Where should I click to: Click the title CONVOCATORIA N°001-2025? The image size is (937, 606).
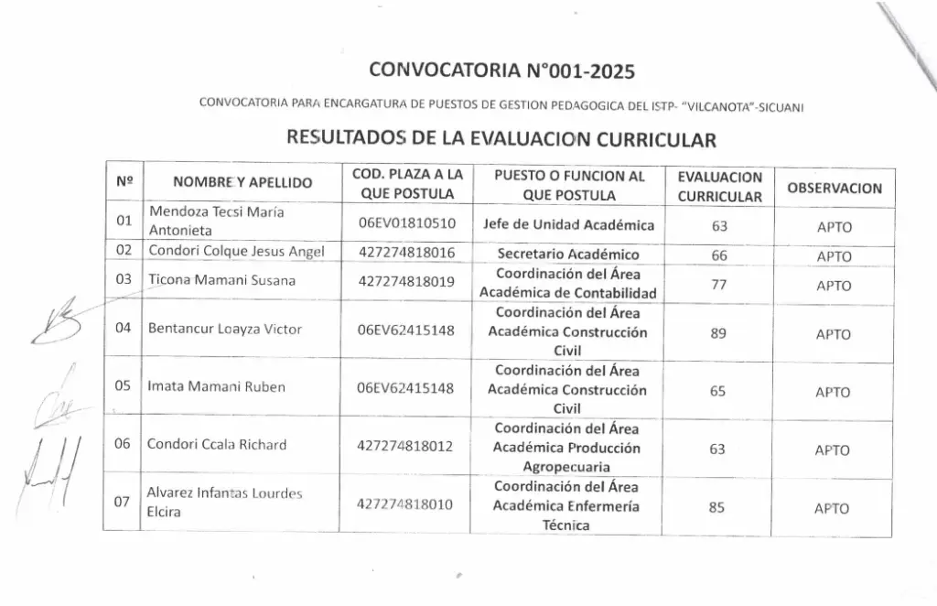click(x=501, y=70)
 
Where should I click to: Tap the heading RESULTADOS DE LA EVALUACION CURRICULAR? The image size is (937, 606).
click(x=500, y=139)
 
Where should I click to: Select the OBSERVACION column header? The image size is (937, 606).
click(x=834, y=189)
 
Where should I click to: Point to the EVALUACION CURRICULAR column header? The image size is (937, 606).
click(x=719, y=186)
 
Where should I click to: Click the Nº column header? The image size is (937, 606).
click(x=124, y=182)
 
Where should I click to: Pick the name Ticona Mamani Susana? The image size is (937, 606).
click(x=221, y=280)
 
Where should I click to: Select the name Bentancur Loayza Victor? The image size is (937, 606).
click(x=224, y=330)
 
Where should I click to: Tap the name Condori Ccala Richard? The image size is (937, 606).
click(x=217, y=445)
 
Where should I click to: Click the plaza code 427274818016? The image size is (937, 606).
click(x=406, y=253)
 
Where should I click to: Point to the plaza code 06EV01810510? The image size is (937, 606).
click(x=406, y=222)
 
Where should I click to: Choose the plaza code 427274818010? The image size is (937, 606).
click(x=406, y=503)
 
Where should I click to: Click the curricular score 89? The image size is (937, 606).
click(x=718, y=334)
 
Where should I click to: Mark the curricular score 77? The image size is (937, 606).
click(x=718, y=285)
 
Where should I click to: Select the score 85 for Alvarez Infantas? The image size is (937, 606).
click(x=718, y=508)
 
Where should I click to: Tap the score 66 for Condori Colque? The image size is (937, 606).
click(x=718, y=256)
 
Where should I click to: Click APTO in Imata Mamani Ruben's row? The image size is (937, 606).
click(x=833, y=392)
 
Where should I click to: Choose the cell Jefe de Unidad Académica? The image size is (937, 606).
click(x=568, y=224)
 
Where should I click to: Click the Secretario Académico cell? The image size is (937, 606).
click(x=568, y=254)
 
